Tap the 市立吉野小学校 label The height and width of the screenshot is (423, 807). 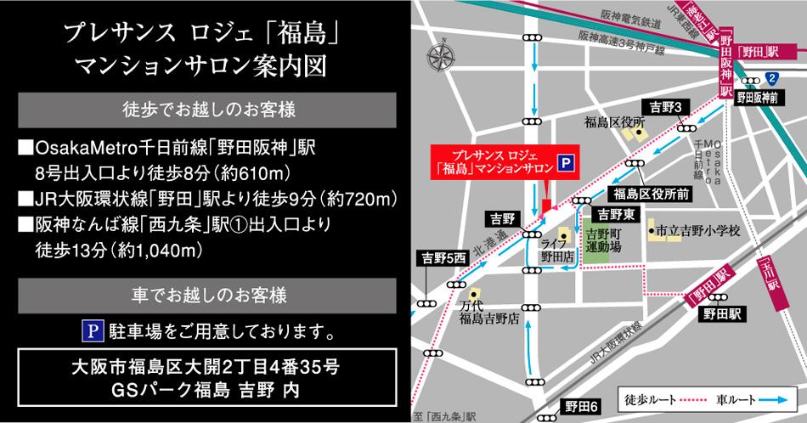(696, 230)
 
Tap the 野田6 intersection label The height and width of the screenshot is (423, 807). (582, 407)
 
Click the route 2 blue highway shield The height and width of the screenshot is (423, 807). (770, 77)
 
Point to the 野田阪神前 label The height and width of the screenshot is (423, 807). (757, 98)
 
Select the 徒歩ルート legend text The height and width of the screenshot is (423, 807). (648, 398)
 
